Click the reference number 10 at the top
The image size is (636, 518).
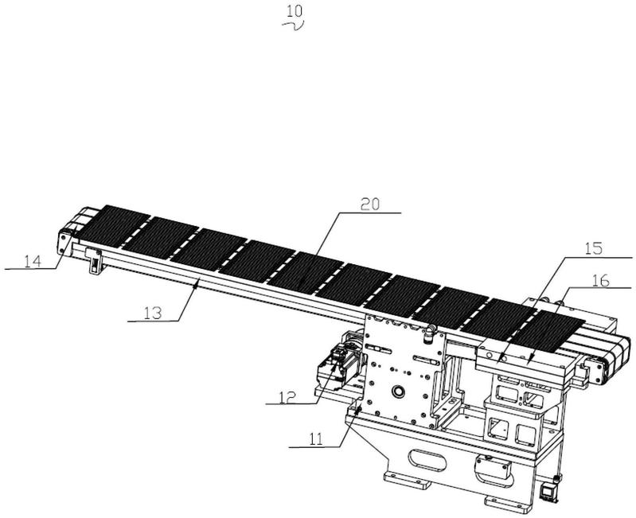[295, 11]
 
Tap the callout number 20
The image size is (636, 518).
[370, 204]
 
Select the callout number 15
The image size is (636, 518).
[595, 248]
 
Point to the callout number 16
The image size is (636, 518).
[601, 280]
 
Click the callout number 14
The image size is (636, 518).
[33, 261]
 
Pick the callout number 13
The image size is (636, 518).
[153, 313]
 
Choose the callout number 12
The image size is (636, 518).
[287, 397]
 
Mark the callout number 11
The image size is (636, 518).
[316, 439]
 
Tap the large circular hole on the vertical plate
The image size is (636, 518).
[397, 391]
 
